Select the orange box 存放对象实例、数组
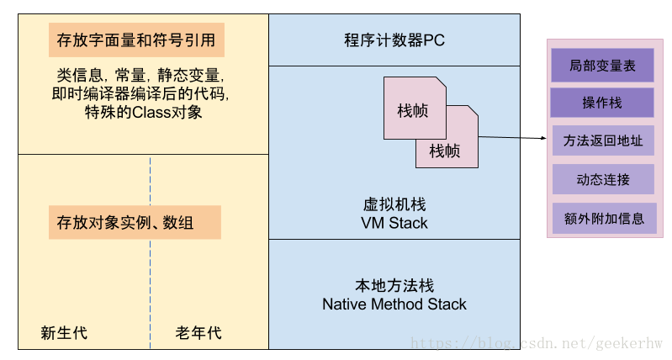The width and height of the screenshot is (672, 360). (135, 223)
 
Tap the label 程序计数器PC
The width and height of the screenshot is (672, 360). (394, 40)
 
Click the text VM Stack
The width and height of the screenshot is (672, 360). (394, 223)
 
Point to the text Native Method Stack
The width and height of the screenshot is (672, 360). (394, 304)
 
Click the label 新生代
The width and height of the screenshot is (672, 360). (64, 333)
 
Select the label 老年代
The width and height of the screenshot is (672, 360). (198, 333)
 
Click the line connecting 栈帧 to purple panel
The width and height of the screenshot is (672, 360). (500, 136)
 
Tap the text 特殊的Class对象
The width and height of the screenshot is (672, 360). (141, 112)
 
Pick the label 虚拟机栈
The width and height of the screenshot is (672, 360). (394, 204)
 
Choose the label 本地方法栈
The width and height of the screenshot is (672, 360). (394, 286)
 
